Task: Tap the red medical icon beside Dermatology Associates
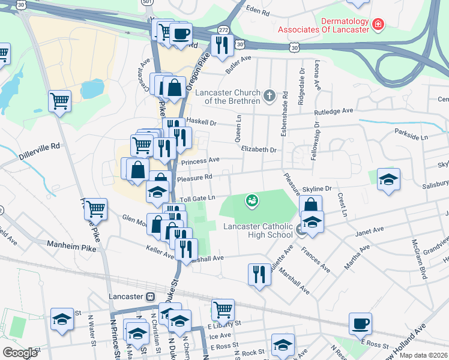click(x=378, y=25)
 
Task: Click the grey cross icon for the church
click(x=270, y=94)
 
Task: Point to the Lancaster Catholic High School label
click(x=258, y=230)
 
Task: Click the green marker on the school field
click(x=252, y=200)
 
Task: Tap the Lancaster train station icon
click(x=150, y=296)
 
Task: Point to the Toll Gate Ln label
click(x=195, y=197)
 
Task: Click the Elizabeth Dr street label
click(x=259, y=149)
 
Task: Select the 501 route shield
click(x=147, y=2)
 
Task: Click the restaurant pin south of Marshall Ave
click(x=259, y=274)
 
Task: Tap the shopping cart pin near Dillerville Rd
click(x=60, y=101)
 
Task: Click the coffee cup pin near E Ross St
click(x=360, y=324)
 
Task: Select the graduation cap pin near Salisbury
click(x=388, y=179)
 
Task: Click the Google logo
click(x=20, y=353)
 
